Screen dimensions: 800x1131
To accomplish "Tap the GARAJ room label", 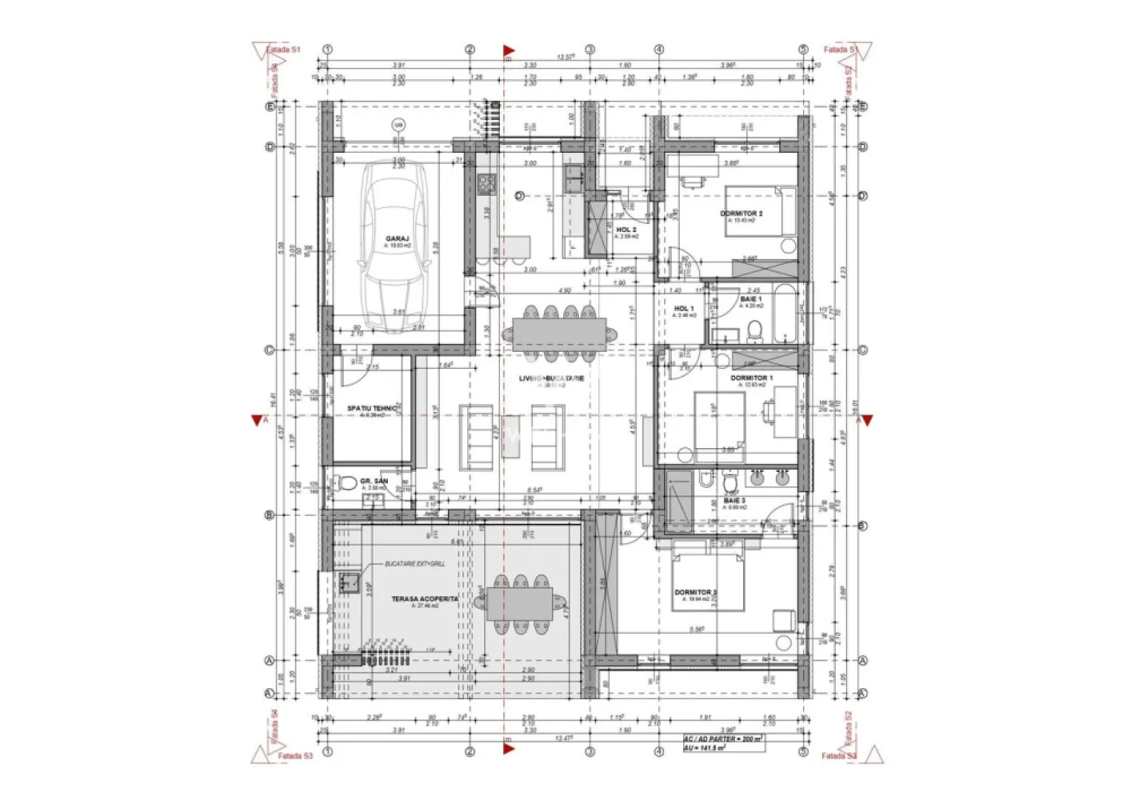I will [398, 238].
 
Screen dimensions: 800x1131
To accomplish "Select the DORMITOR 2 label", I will [741, 214].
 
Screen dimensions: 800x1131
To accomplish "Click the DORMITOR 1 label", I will [751, 378].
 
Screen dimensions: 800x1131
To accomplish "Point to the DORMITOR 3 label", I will [695, 593].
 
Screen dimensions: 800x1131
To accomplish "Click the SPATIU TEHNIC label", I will [373, 408].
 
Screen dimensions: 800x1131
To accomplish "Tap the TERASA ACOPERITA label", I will [425, 598].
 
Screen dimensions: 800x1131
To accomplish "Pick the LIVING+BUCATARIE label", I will [551, 378].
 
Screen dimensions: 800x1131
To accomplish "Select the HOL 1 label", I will [683, 308].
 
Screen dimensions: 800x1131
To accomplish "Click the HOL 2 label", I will [626, 230].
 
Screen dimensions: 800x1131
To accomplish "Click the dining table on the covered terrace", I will [519, 604].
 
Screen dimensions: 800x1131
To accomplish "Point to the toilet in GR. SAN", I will [346, 483].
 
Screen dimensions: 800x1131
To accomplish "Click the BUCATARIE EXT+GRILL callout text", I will [414, 564].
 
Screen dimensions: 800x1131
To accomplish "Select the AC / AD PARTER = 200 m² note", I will [723, 739].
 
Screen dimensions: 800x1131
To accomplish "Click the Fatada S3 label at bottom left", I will [294, 755].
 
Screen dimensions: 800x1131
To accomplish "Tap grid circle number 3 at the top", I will [590, 50].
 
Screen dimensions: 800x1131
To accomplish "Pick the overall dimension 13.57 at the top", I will [565, 57].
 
